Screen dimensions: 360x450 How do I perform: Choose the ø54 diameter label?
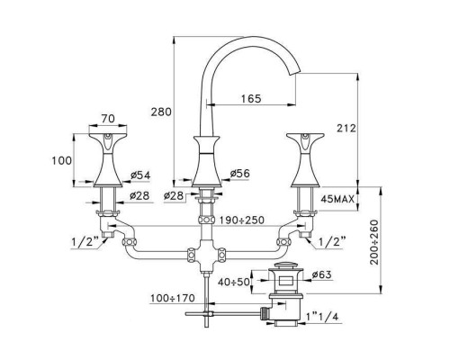pyautogui.click(x=141, y=174)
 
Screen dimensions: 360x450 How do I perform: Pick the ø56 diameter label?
pyautogui.click(x=240, y=174)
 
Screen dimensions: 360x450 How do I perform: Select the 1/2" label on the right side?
pyautogui.click(x=332, y=240)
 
